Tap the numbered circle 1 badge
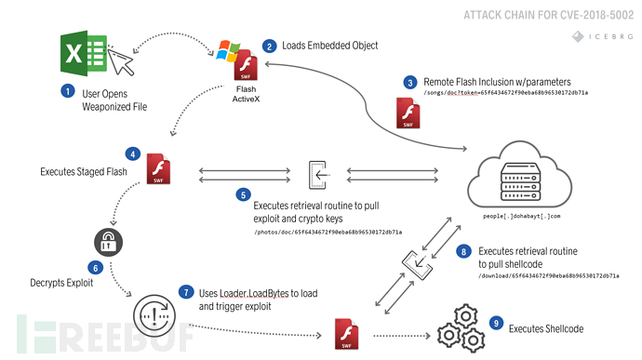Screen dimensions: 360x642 coord(67,91)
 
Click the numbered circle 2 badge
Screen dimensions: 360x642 coord(269,46)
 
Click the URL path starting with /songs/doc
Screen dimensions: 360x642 coord(509,93)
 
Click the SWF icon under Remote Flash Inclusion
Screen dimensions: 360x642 coord(408,113)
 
